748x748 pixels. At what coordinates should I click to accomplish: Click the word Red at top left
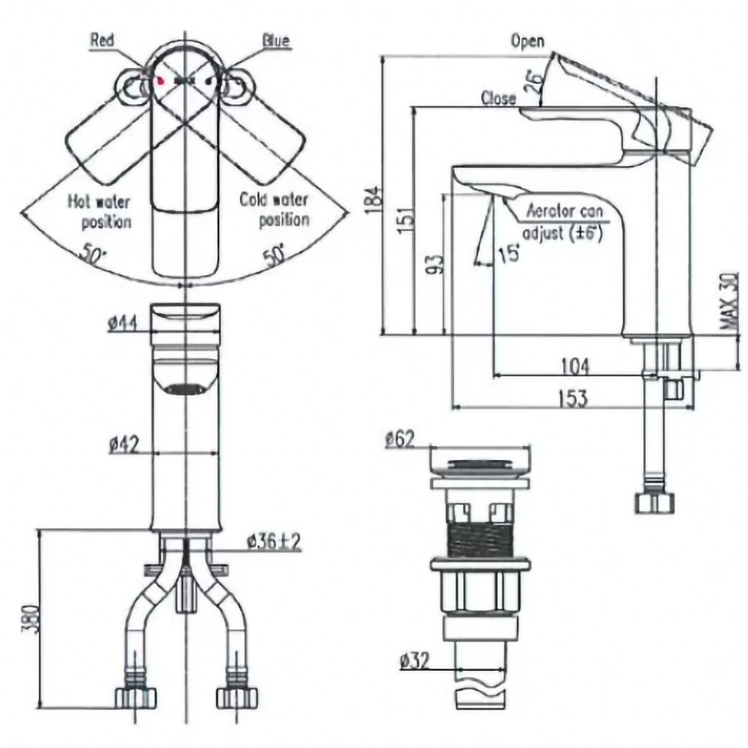coord(102,40)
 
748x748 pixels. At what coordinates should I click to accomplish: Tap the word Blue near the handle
coord(276,40)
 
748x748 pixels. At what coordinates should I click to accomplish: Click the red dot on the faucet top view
coord(160,81)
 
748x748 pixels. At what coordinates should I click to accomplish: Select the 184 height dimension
coord(376,200)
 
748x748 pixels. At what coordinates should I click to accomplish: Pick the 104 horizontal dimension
coord(575,367)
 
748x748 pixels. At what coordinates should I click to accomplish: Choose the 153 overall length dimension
coord(572,399)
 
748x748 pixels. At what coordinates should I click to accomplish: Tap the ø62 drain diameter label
coord(399,439)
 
